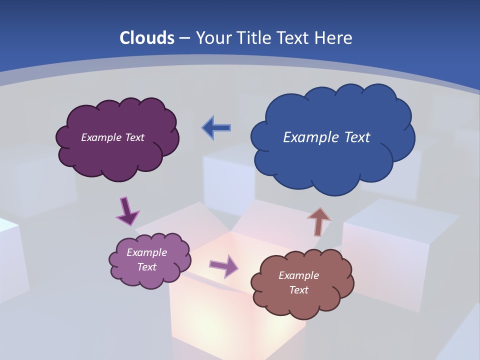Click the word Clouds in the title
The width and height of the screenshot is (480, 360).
146,38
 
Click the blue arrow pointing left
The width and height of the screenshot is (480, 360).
216,128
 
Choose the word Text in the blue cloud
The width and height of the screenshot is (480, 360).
355,137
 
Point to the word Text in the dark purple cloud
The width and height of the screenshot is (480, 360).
134,137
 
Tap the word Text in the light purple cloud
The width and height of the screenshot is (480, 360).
147,267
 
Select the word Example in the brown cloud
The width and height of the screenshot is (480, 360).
298,275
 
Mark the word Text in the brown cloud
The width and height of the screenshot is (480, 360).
298,290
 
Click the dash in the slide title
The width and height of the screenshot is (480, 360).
184,38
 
